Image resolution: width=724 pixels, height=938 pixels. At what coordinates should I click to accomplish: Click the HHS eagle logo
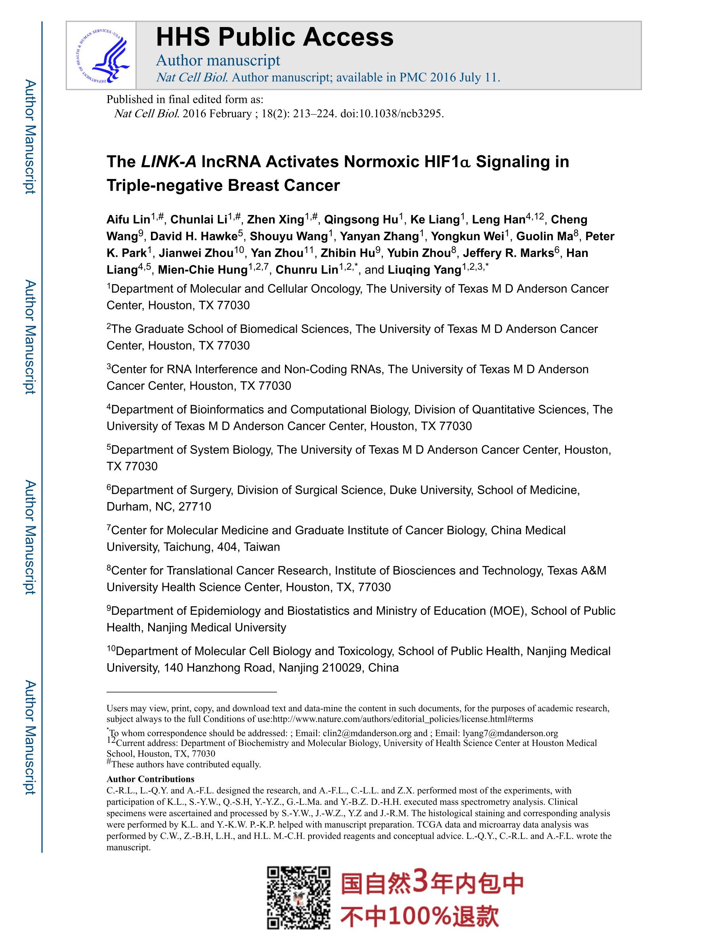102,56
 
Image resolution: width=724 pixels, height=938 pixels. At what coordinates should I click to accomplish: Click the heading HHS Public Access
275,37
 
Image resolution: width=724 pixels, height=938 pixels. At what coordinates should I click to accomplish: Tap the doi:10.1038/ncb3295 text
392,114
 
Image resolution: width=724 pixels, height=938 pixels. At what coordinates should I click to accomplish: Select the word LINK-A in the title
168,162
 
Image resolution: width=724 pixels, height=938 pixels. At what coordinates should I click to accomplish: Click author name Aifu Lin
128,220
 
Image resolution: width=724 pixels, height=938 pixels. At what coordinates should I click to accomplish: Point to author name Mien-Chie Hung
202,270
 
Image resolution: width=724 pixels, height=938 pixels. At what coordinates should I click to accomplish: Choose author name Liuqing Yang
424,270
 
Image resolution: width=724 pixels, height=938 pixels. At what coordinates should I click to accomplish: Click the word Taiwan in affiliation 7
262,547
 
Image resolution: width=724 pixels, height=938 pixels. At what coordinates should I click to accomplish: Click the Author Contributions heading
150,779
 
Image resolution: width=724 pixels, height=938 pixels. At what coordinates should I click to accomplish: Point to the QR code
299,897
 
